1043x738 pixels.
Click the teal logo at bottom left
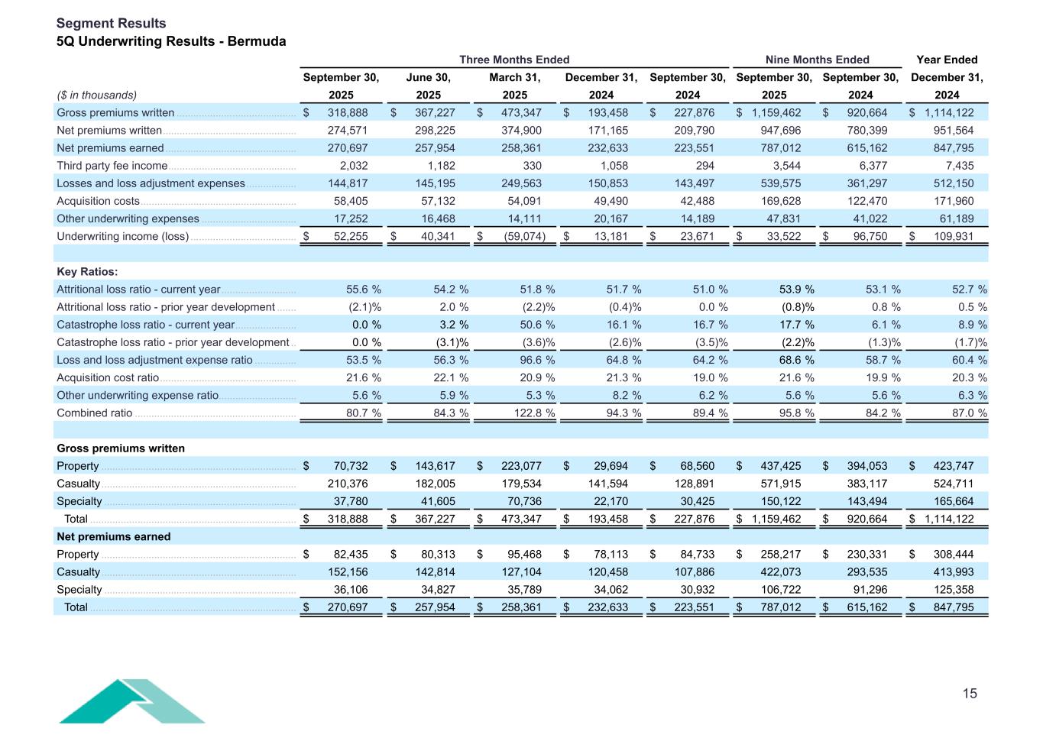tap(131, 701)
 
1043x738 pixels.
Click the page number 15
tap(969, 694)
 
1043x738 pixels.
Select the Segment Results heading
tap(111, 23)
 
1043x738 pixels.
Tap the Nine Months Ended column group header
tap(817, 60)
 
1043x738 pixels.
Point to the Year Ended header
tap(946, 60)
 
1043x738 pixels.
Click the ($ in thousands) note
tap(97, 95)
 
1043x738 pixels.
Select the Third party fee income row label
tap(112, 166)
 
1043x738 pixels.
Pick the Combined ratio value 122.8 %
tap(533, 413)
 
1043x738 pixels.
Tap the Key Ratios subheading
tap(87, 272)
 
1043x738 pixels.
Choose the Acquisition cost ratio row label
tap(108, 378)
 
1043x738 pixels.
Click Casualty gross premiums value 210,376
tap(348, 484)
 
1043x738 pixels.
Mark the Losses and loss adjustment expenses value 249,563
tap(520, 183)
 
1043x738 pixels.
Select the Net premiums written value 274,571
tap(348, 131)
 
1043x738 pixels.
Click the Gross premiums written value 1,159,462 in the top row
tap(776, 113)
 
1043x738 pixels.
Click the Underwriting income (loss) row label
tap(122, 237)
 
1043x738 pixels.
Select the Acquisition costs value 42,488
tap(694, 201)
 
